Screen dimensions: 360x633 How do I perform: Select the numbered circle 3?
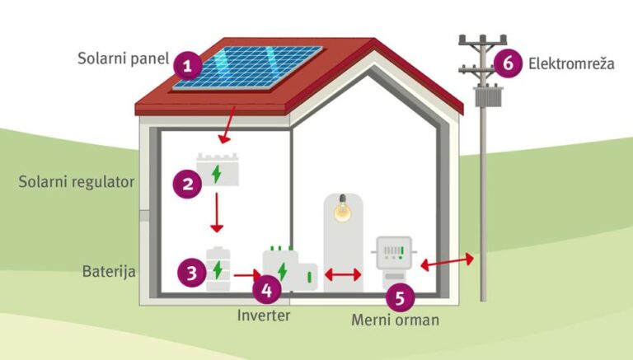[x=192, y=272]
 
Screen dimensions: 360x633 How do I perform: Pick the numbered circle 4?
[x=266, y=289]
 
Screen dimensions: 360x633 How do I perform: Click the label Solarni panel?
[x=123, y=59]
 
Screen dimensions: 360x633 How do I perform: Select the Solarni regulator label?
[x=76, y=181]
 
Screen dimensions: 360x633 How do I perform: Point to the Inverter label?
[x=264, y=315]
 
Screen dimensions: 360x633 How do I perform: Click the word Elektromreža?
[x=571, y=63]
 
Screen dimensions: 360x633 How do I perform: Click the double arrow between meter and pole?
[x=447, y=262]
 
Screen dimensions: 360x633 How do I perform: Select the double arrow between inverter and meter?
[x=342, y=275]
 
